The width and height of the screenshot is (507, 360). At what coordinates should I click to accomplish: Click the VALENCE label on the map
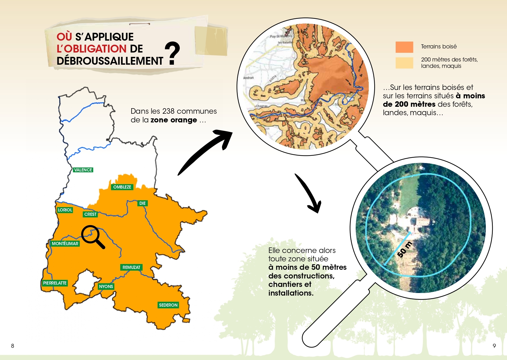click(83, 170)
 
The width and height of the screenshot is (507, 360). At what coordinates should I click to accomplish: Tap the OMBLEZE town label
click(122, 187)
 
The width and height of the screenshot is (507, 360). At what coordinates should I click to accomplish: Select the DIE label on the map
click(142, 203)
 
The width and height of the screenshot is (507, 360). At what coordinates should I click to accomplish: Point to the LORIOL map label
click(65, 210)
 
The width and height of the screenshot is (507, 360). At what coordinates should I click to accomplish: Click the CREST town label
click(90, 214)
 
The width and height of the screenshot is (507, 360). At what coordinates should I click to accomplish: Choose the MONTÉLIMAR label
click(65, 244)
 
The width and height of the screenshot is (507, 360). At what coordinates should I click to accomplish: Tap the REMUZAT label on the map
click(131, 267)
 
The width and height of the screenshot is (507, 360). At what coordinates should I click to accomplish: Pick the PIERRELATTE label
click(55, 283)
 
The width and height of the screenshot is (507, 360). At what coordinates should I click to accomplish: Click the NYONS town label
click(106, 287)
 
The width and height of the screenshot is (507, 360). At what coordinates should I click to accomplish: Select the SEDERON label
click(168, 305)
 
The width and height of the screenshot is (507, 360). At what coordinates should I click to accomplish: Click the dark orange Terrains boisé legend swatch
click(404, 47)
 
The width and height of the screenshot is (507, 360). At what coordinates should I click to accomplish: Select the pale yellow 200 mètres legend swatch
click(404, 63)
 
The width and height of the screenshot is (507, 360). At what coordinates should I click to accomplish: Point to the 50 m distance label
click(404, 249)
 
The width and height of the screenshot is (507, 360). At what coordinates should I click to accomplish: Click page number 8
click(12, 346)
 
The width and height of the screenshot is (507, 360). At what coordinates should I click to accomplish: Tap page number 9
click(494, 346)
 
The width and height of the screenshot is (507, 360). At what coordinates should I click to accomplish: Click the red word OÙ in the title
click(64, 37)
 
